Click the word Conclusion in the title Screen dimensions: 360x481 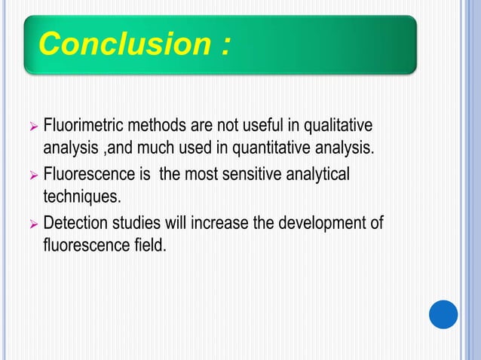[x=120, y=44]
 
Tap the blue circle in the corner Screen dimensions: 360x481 [x=443, y=314]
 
